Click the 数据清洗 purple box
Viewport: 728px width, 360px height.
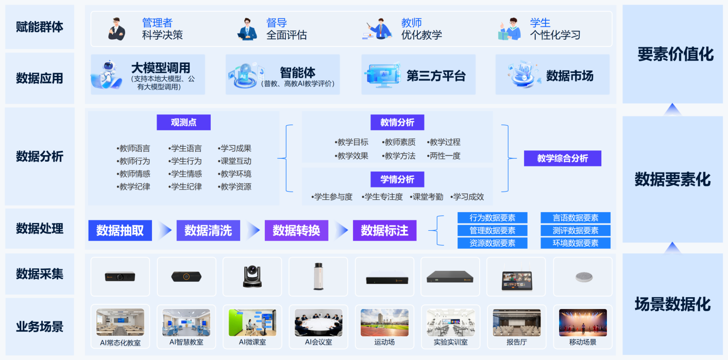(208, 231)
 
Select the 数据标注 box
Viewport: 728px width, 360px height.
(384, 231)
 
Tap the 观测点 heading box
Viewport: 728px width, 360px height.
(184, 123)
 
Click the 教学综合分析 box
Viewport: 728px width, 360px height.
(563, 158)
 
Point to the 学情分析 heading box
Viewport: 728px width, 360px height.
(397, 179)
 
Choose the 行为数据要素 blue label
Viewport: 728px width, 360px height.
(492, 218)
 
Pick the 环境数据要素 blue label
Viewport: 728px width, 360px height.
(575, 243)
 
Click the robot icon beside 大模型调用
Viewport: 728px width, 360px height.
(107, 75)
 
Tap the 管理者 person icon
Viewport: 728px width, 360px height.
(116, 29)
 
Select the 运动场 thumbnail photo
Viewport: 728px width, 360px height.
(384, 322)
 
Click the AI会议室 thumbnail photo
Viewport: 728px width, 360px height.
(318, 322)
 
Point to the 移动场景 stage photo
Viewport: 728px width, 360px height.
(583, 322)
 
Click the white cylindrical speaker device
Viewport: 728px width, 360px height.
(318, 277)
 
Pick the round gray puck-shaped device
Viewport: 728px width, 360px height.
(583, 277)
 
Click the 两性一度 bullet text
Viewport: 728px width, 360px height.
(444, 156)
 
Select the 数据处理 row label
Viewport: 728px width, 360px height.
(40, 228)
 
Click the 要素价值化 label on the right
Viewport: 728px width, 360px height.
(675, 54)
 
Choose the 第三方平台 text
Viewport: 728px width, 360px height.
(436, 76)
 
